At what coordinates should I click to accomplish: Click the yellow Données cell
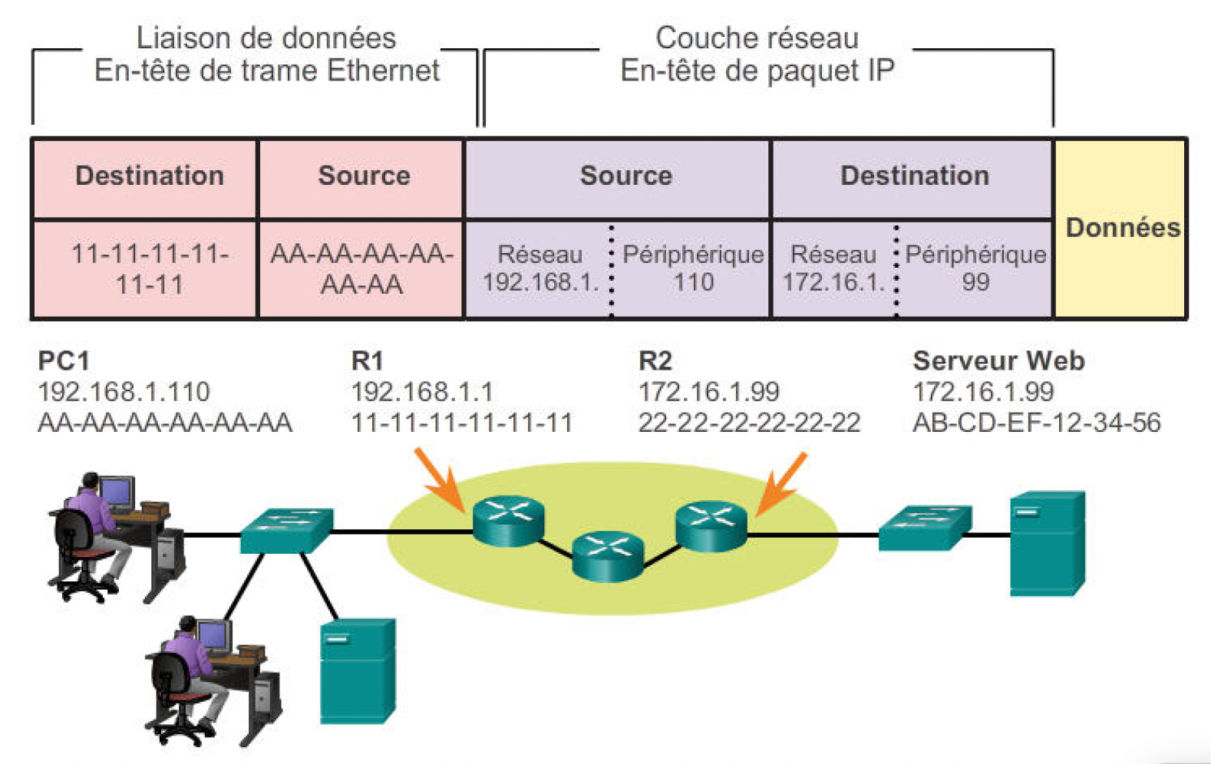pos(1121,229)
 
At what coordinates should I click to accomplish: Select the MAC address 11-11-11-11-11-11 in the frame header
pos(150,269)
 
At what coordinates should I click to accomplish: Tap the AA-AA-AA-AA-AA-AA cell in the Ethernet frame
pos(361,269)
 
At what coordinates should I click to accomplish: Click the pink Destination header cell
pos(150,176)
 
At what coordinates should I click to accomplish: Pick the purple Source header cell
pos(625,176)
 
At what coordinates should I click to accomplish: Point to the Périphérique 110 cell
pos(693,268)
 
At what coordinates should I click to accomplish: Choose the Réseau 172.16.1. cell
pos(833,268)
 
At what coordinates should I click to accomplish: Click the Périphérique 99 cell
pos(975,268)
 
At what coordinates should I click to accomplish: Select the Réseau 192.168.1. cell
pos(540,268)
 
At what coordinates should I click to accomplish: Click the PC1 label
pos(64,361)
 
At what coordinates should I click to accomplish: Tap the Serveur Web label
pos(998,361)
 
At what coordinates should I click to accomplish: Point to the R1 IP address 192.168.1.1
pos(422,392)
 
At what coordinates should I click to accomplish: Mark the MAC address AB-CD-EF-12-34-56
pos(1036,423)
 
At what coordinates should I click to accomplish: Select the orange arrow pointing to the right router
pos(782,483)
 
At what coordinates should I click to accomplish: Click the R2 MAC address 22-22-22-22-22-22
pos(749,423)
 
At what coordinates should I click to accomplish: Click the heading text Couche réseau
pos(757,38)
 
